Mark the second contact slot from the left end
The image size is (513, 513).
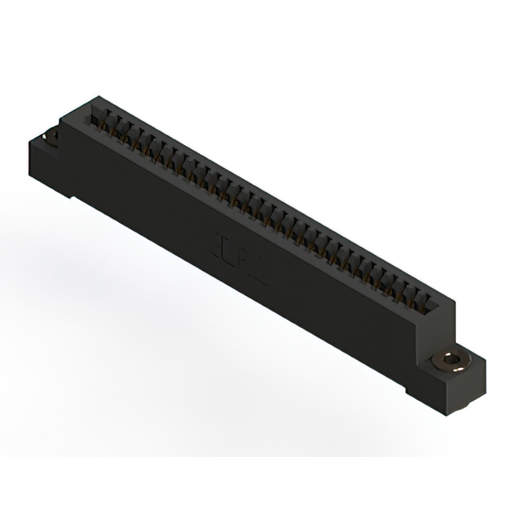(x=113, y=123)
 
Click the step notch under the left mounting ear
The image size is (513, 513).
(x=71, y=196)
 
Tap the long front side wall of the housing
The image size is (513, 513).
(x=240, y=256)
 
